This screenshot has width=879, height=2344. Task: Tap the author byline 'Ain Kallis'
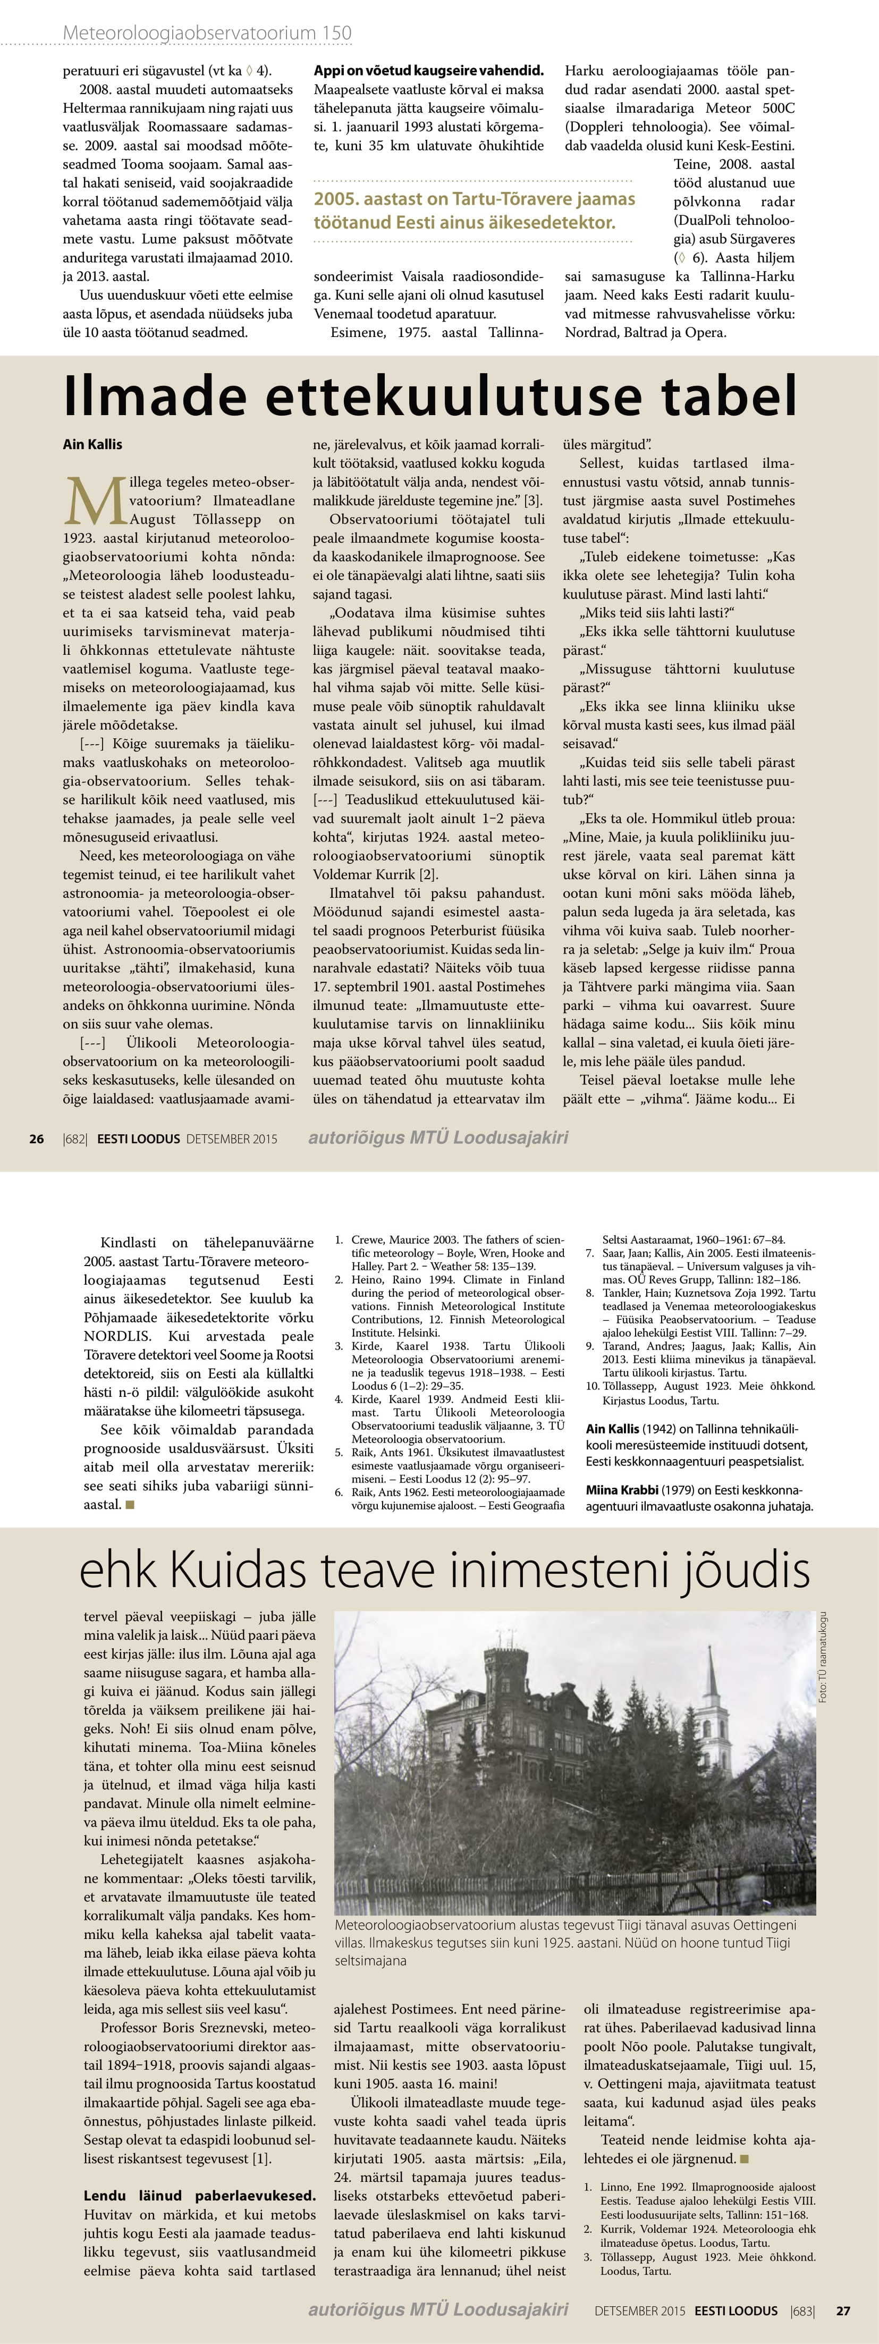(x=92, y=444)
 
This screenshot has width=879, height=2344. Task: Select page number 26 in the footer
(x=36, y=1139)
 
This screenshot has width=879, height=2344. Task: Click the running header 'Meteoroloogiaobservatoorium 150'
(x=207, y=33)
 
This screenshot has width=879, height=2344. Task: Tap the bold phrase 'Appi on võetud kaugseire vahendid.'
(x=428, y=70)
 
